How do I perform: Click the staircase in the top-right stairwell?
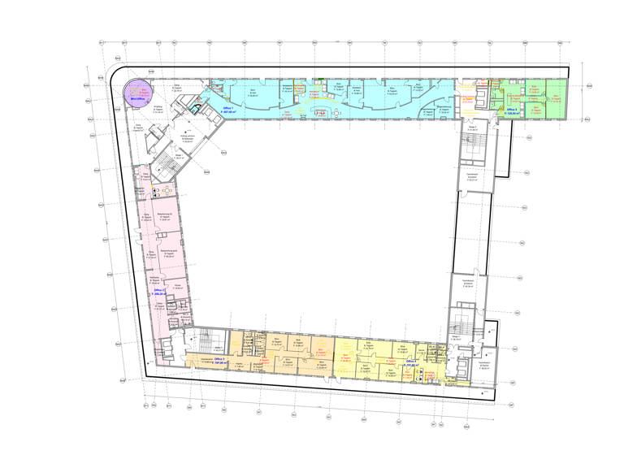tap(472, 146)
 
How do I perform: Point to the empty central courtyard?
tap(325, 227)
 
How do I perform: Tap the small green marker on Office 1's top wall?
tap(322, 79)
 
